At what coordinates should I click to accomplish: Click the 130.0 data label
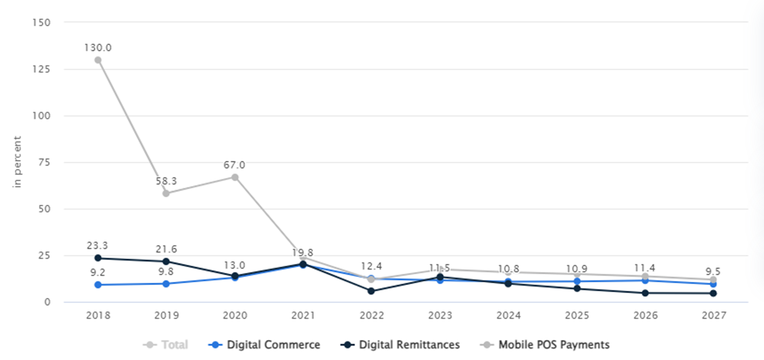pos(98,47)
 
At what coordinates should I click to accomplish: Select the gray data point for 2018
pos(98,60)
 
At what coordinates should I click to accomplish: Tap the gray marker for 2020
pos(235,177)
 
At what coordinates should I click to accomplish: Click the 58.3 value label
pos(166,181)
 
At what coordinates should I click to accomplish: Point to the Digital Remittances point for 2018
pos(98,258)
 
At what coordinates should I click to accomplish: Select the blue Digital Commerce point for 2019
pos(166,284)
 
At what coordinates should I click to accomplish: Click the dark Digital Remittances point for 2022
pos(371,291)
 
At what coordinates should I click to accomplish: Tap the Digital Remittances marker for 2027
pos(713,293)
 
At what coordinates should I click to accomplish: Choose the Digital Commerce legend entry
pos(264,345)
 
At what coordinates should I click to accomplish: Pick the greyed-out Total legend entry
pos(166,345)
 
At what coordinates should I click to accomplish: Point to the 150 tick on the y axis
pos(41,22)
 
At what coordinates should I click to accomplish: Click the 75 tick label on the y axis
pos(44,162)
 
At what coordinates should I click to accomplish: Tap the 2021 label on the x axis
pos(303,316)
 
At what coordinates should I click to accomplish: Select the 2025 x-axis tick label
pos(577,316)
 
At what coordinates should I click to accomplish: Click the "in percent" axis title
pos(17,162)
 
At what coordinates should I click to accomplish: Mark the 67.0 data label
pos(234,165)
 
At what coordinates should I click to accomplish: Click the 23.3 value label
pos(97,246)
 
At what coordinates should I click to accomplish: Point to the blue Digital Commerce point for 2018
pos(98,285)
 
